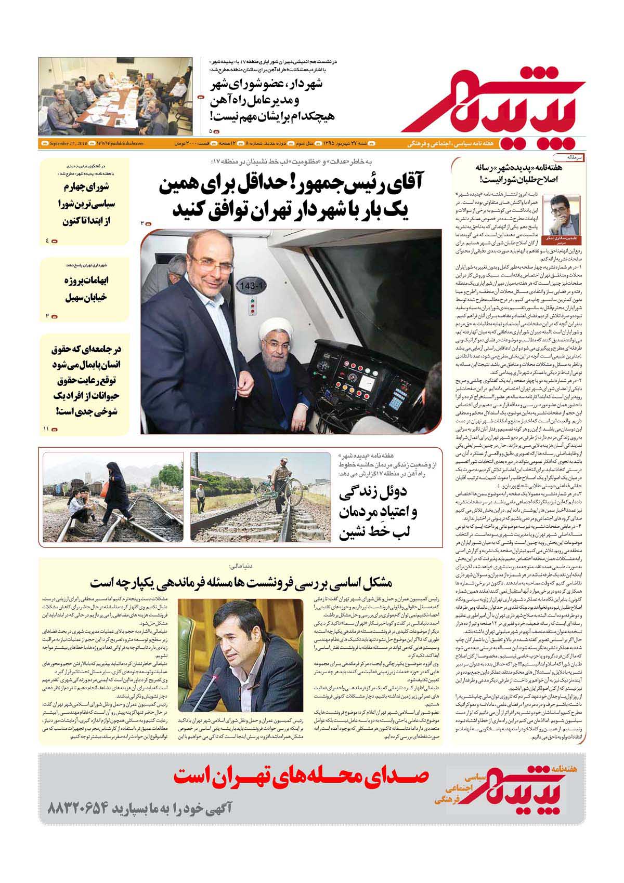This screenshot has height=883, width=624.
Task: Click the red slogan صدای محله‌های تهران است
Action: [x=302, y=778]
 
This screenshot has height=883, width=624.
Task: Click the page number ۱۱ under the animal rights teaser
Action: [x=46, y=429]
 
